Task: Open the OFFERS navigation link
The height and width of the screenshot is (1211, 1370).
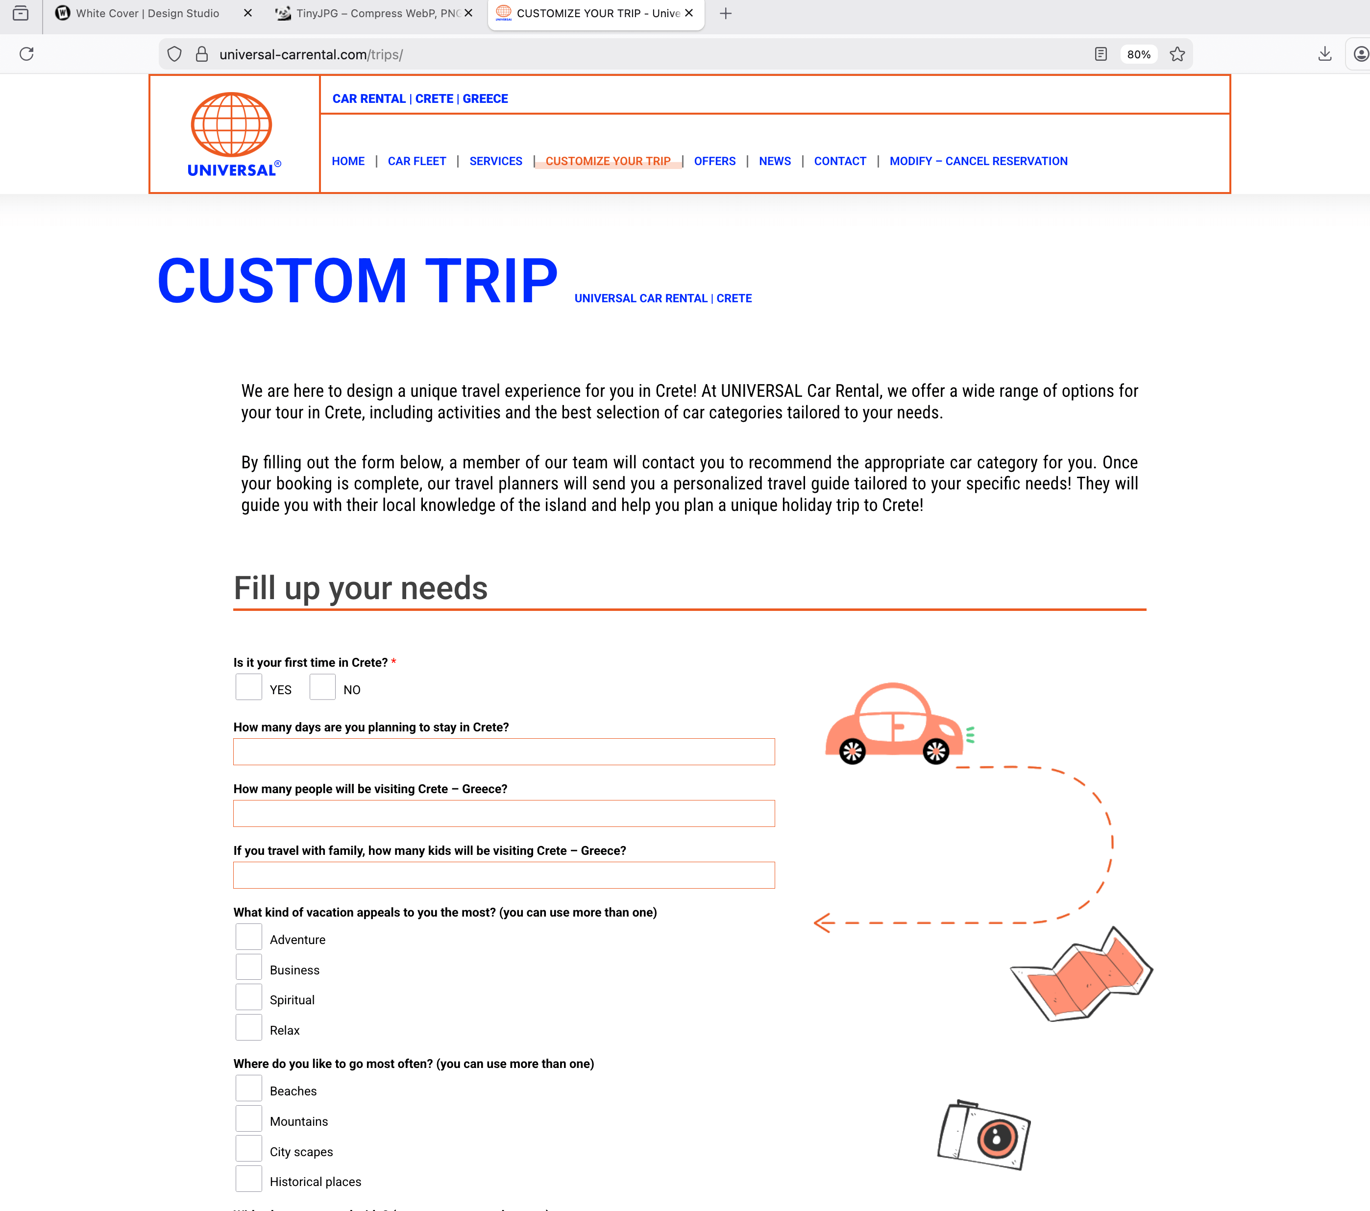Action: tap(714, 161)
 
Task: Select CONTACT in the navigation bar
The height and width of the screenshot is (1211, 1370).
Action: tap(840, 161)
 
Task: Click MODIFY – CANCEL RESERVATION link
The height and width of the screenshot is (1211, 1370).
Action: tap(978, 161)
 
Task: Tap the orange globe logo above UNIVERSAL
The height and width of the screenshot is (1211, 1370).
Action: tap(231, 124)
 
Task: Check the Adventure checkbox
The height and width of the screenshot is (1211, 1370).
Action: tap(248, 937)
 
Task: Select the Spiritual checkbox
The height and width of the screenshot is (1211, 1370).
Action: tap(248, 997)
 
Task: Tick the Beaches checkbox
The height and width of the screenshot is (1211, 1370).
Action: tap(248, 1089)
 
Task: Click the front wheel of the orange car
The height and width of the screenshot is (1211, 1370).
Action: tap(936, 752)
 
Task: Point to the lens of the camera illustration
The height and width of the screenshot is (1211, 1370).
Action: tap(997, 1138)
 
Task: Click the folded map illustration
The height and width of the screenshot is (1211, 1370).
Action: tap(1081, 975)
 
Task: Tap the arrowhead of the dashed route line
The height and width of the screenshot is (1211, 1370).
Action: tap(822, 923)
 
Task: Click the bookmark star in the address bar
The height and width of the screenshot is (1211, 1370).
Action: tap(1177, 54)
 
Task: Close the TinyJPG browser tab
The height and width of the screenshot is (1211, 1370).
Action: tap(468, 13)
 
